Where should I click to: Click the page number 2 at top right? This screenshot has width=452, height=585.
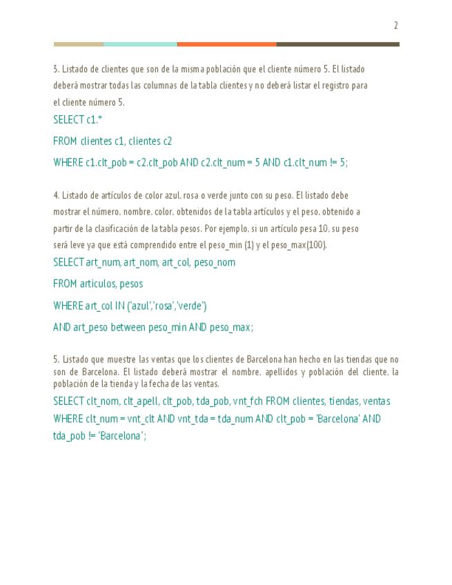395,26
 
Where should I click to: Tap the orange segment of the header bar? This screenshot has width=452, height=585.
226,44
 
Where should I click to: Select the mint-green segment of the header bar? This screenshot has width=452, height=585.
140,44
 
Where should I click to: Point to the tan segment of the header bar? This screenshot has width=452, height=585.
79,44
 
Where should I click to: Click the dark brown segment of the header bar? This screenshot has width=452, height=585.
337,44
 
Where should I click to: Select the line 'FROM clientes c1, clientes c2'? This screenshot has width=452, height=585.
112,141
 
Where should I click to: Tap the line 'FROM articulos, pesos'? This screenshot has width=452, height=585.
98,284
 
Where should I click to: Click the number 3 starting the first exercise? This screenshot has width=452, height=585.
55,69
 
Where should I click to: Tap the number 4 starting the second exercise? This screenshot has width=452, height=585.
55,195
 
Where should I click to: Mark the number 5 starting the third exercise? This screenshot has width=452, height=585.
55,359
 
